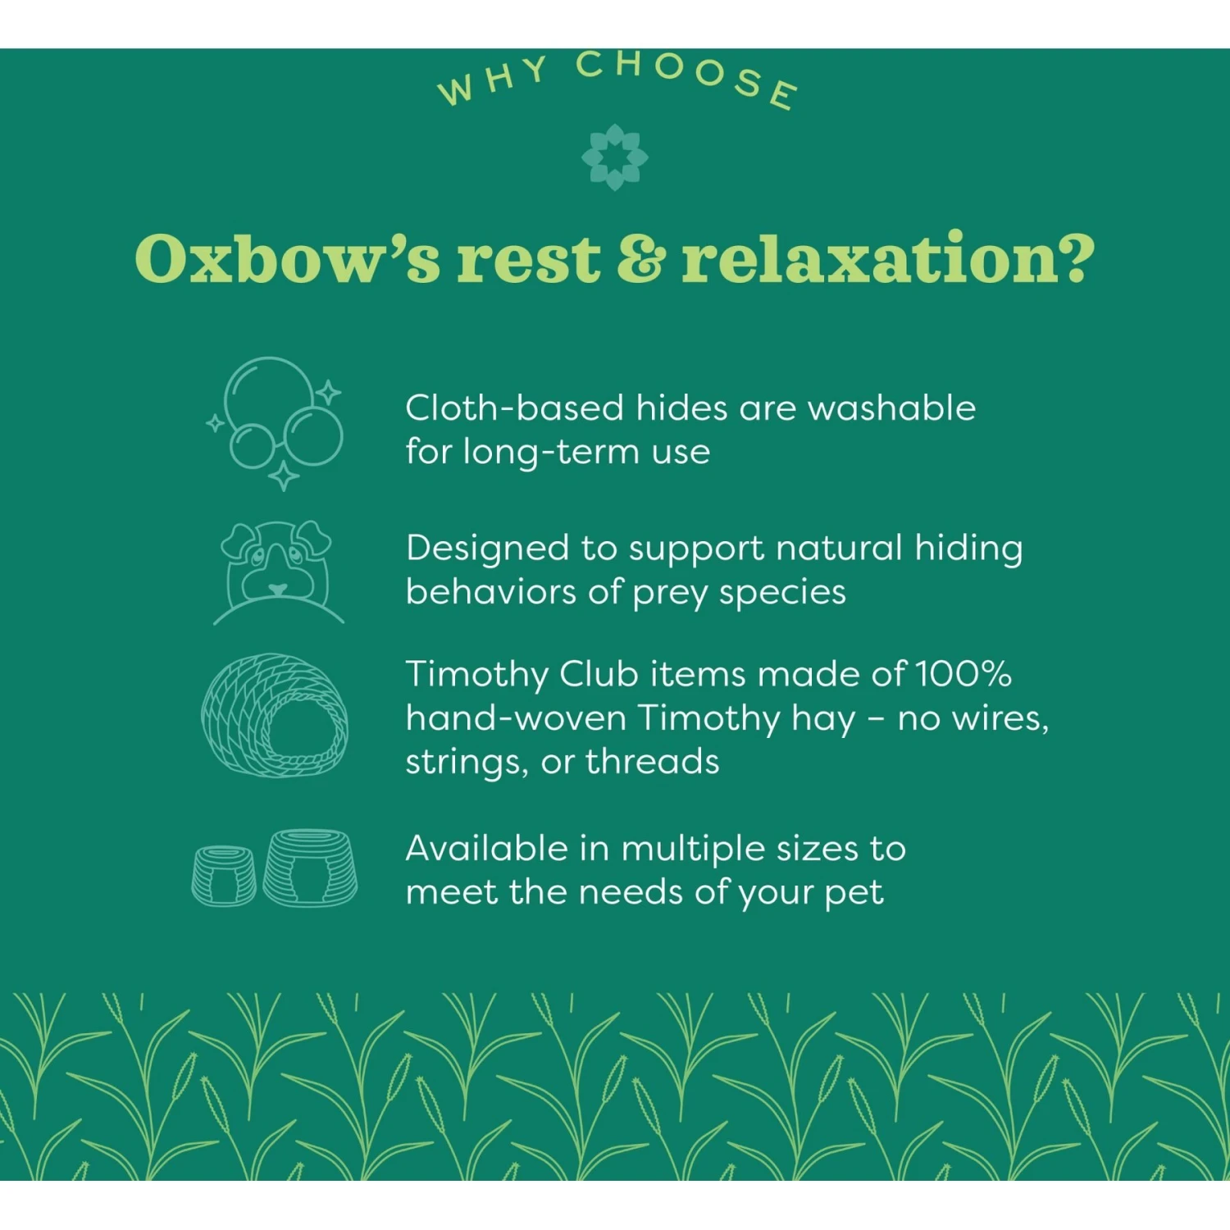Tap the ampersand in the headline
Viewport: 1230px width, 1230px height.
pos(639,258)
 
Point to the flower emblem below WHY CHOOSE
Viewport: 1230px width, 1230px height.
pos(614,157)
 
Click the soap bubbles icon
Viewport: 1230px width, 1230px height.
pos(277,422)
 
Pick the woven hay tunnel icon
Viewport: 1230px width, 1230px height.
pos(275,716)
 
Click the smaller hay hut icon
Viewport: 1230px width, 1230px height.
pos(223,876)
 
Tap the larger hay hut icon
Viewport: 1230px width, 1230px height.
pos(310,868)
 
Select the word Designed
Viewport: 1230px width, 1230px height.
pos(487,549)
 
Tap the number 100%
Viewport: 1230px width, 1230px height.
pos(963,674)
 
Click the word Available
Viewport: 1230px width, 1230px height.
pos(486,849)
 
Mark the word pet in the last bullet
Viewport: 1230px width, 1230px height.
pos(854,893)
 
